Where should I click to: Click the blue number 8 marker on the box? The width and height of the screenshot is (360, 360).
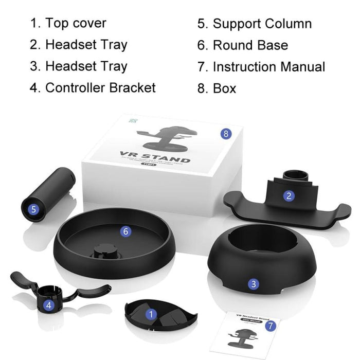pos(225,134)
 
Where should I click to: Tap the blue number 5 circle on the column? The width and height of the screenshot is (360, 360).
pos(33,209)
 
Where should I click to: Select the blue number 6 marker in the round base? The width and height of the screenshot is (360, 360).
pos(126,231)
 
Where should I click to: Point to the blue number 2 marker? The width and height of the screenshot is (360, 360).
pos(289,195)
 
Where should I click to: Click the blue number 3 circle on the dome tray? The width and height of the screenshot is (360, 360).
pos(254,284)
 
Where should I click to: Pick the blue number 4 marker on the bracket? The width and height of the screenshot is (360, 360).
pos(49,305)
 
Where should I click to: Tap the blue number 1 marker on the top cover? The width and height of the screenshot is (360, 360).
pos(151,313)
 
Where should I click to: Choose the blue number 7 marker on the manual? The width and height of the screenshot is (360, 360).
pos(272,326)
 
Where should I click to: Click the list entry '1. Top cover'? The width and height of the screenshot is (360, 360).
pos(68,23)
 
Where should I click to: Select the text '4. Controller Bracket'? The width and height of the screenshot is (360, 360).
pos(93,87)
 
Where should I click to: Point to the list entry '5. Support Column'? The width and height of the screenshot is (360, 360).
pos(255,24)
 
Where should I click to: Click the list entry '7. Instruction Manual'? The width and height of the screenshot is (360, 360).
pos(261,67)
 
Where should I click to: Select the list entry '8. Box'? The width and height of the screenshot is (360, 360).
pos(217,88)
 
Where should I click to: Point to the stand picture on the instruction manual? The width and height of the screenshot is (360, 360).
pos(244,335)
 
